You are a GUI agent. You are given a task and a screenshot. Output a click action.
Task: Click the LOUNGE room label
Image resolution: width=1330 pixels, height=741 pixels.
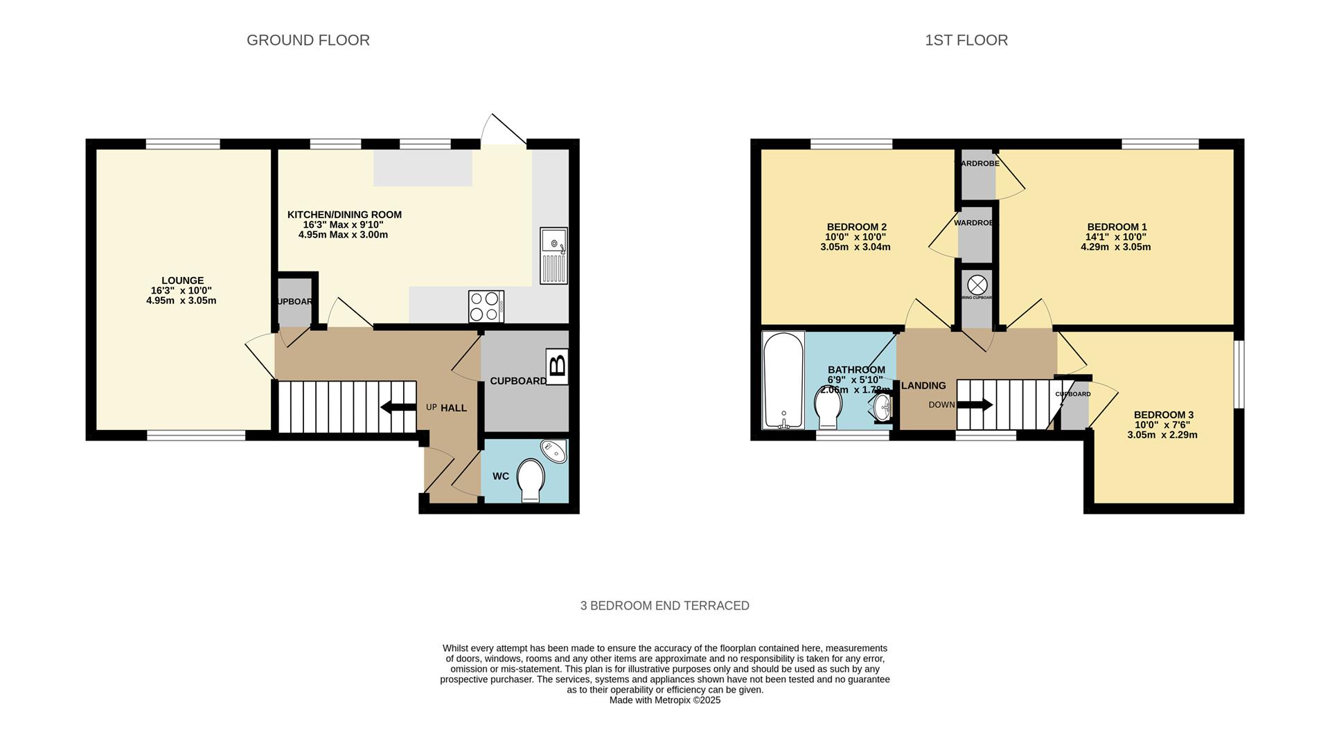pyautogui.click(x=182, y=280)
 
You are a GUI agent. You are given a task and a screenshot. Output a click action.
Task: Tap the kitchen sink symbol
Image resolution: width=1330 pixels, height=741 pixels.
pyautogui.click(x=553, y=256)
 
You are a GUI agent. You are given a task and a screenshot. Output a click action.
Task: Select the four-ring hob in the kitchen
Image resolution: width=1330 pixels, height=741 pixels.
pyautogui.click(x=486, y=306)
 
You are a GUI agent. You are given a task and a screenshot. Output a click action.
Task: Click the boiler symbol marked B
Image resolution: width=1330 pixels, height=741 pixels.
pyautogui.click(x=557, y=366)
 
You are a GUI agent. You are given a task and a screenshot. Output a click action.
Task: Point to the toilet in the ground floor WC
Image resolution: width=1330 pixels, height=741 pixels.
pyautogui.click(x=531, y=479)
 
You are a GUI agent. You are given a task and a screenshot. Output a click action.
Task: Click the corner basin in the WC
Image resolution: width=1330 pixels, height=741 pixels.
pyautogui.click(x=555, y=451)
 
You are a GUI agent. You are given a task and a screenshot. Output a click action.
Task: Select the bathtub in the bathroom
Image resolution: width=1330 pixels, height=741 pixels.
pyautogui.click(x=783, y=380)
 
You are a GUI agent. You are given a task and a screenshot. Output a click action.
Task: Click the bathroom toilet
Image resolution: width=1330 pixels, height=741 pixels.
pyautogui.click(x=827, y=409)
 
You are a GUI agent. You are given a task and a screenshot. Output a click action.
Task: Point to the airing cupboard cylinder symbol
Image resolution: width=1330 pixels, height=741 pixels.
pyautogui.click(x=977, y=285)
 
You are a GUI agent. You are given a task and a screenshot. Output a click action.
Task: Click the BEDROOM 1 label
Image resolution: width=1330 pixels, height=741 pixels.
pyautogui.click(x=1117, y=226)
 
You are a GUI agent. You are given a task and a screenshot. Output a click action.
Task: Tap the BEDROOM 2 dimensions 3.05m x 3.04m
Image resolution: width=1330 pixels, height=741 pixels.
pyautogui.click(x=855, y=247)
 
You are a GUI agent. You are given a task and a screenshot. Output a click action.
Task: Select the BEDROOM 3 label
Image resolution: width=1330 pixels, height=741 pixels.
pyautogui.click(x=1163, y=415)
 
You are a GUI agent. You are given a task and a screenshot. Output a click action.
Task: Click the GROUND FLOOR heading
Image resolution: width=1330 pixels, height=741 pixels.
pyautogui.click(x=308, y=40)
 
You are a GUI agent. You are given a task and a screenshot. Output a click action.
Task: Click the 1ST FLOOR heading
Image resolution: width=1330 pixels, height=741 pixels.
pyautogui.click(x=966, y=40)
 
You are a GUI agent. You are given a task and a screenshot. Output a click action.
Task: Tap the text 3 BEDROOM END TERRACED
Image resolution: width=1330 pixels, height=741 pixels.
pyautogui.click(x=664, y=605)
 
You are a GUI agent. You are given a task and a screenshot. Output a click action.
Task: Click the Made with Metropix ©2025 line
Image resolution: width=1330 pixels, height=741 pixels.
pyautogui.click(x=664, y=700)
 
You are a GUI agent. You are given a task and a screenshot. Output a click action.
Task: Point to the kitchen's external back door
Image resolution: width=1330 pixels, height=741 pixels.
pyautogui.click(x=504, y=130)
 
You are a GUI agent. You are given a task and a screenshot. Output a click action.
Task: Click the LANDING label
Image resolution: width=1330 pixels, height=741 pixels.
pyautogui.click(x=923, y=386)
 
